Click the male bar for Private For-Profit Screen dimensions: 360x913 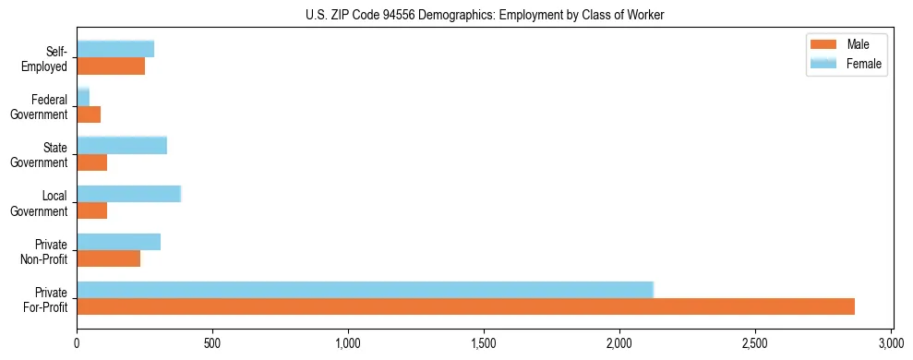(465, 306)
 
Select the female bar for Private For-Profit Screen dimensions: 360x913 (365, 290)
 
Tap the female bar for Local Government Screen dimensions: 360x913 (128, 194)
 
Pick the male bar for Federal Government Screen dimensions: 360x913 (89, 114)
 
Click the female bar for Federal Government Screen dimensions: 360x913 (83, 97)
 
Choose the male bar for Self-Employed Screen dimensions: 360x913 (111, 66)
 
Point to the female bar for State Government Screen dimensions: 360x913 (122, 145)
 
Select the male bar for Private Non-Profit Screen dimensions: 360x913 (108, 259)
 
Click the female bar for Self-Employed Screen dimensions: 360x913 (115, 49)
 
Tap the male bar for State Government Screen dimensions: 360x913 (91, 162)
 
